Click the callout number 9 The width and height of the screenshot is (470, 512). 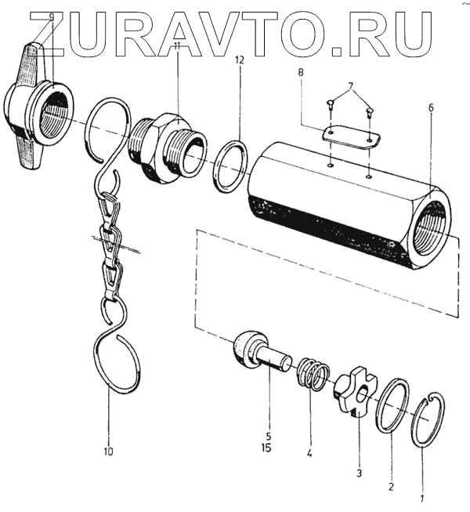tap(52, 16)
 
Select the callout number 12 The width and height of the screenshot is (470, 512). tap(239, 60)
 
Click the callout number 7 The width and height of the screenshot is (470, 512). tap(349, 84)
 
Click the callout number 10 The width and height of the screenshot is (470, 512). tap(108, 452)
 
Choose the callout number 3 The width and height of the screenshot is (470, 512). tap(359, 473)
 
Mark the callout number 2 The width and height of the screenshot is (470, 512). tap(391, 488)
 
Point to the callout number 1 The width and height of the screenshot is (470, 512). tap(422, 497)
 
